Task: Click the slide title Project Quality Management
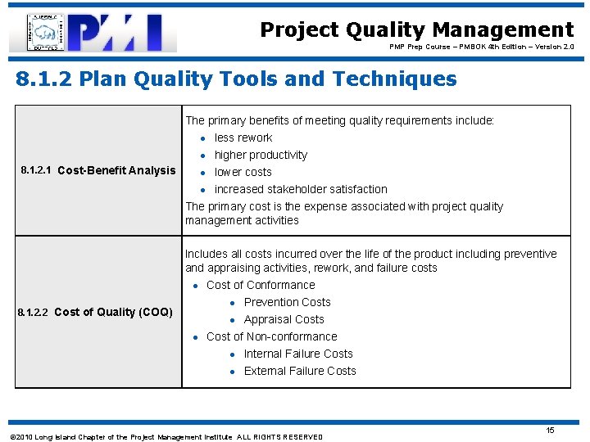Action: pos(416,30)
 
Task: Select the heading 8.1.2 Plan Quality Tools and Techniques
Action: pos(237,79)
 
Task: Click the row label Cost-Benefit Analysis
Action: pos(116,170)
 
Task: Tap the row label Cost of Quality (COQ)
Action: pos(113,312)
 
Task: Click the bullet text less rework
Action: pos(243,138)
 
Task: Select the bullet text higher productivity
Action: pos(261,155)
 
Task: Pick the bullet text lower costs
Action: pos(243,172)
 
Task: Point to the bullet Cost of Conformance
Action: pos(261,285)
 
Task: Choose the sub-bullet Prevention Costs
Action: pos(287,302)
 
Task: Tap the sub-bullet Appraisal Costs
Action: pos(284,319)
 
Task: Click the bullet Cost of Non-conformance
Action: pos(271,336)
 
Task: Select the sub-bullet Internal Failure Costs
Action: pos(298,354)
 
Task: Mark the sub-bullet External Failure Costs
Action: pos(300,371)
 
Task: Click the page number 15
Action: pos(551,431)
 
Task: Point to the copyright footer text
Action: pos(165,437)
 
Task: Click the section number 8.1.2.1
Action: pos(35,170)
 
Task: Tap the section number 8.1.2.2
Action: pos(34,312)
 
